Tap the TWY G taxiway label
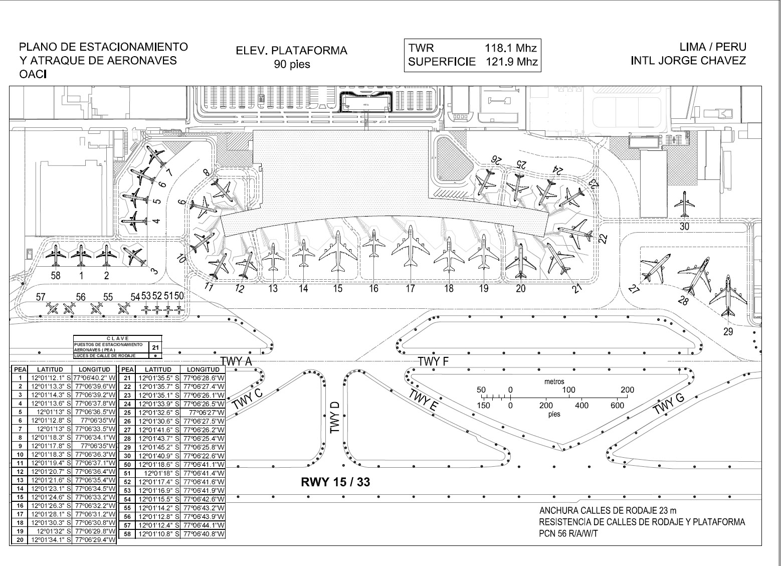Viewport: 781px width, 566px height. [x=669, y=404]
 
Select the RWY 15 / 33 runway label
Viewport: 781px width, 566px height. [x=335, y=482]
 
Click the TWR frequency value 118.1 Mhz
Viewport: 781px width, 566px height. [x=510, y=49]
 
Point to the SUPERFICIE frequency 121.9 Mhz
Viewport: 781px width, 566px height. [x=511, y=62]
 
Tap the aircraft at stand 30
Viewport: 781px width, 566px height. [x=683, y=205]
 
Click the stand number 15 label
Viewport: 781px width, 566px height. [x=338, y=288]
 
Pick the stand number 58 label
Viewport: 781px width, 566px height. [x=55, y=275]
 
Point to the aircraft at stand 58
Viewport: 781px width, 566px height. [x=55, y=255]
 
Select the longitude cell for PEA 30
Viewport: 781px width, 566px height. [x=203, y=456]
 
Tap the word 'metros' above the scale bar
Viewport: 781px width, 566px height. [x=554, y=382]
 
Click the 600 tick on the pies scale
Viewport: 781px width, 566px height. [x=617, y=405]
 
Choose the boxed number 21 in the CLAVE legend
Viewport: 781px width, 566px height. [x=156, y=347]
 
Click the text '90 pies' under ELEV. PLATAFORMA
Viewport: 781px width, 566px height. [x=292, y=65]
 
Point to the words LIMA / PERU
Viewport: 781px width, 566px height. [x=712, y=47]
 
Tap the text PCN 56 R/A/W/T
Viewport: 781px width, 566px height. [x=568, y=533]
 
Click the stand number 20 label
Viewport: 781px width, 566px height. [x=521, y=288]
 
